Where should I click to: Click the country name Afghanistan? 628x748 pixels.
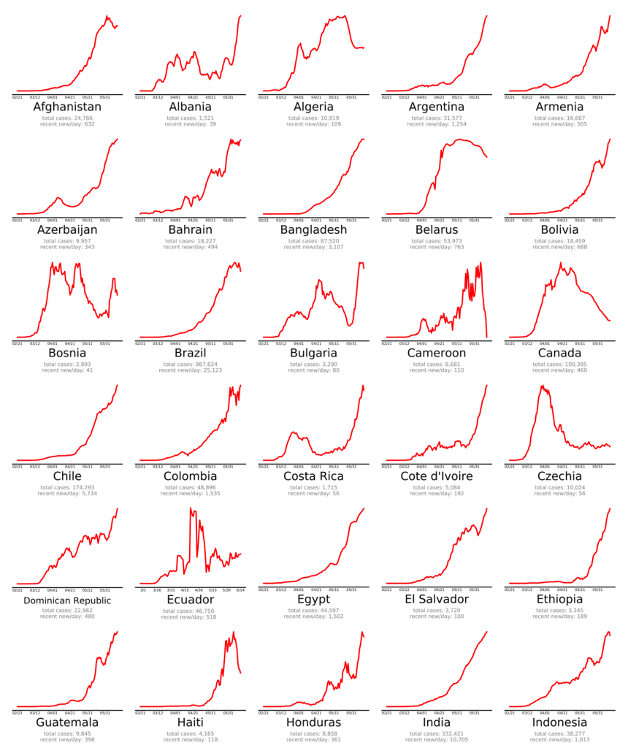coord(67,107)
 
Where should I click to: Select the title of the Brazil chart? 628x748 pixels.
coord(191,354)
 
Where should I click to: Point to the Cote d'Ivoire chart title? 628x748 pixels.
coord(436,477)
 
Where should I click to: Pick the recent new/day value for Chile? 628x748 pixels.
coord(67,494)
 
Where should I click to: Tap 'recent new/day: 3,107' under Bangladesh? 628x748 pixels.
coord(313,248)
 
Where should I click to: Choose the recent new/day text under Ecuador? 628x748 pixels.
coord(191,617)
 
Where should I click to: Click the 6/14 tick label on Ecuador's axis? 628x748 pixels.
coord(240,589)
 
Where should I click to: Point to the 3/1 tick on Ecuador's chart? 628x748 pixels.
coord(143,589)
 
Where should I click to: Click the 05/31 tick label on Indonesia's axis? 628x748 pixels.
coord(597,712)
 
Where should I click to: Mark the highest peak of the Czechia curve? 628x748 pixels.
coord(541,386)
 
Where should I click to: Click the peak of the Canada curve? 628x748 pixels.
coord(560,263)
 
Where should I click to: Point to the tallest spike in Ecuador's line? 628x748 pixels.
coord(191,508)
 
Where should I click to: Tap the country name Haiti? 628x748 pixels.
coord(191,722)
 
